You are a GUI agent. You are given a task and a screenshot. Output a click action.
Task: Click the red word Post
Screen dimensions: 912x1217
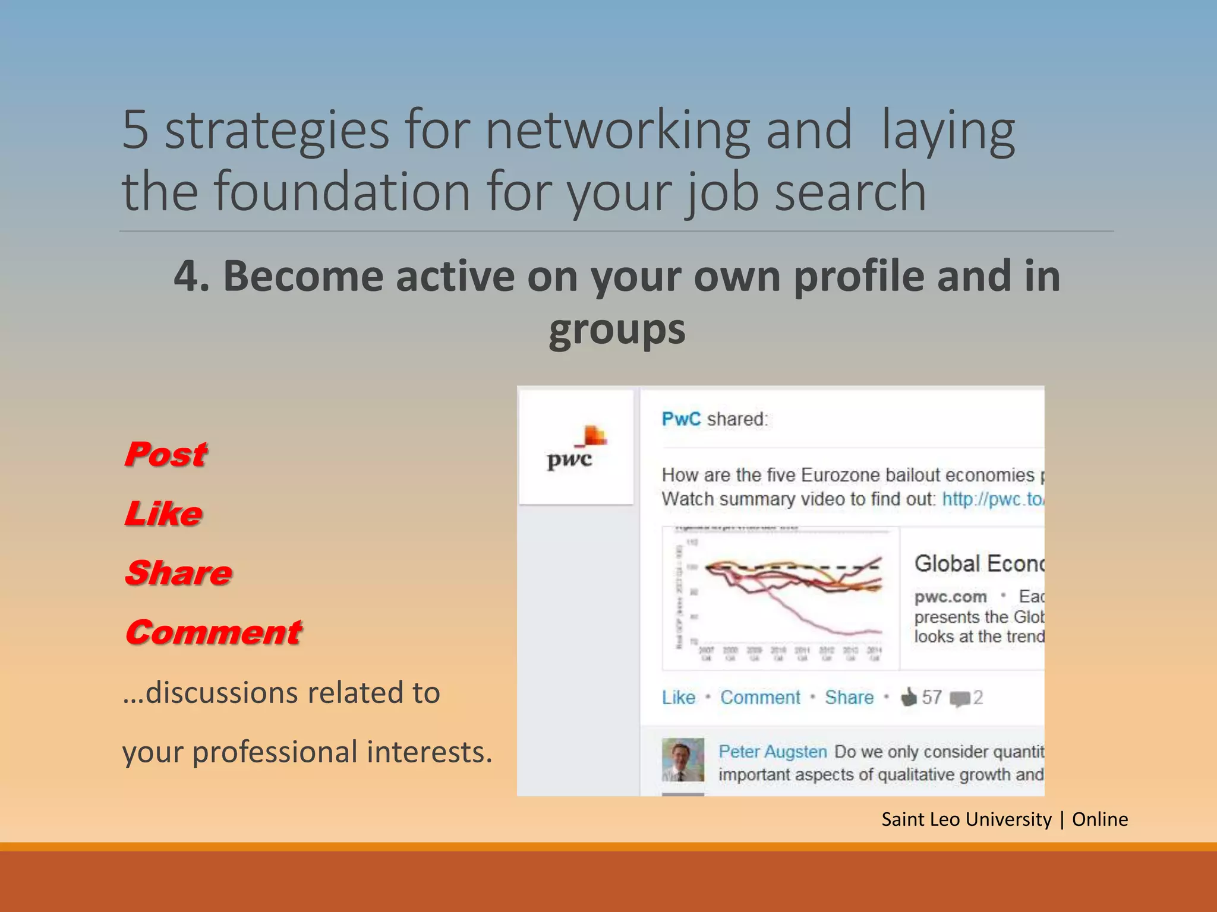coord(165,455)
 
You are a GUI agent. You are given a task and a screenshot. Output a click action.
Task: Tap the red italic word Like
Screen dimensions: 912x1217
coord(163,514)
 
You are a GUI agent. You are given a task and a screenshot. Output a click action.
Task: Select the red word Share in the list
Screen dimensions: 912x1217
coord(178,574)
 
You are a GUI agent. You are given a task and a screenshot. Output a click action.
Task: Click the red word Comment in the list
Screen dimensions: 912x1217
coord(213,633)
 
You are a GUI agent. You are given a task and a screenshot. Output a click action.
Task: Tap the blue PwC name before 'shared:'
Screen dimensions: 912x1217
coord(681,419)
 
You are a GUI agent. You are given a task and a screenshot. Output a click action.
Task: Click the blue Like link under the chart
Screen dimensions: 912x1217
coord(679,697)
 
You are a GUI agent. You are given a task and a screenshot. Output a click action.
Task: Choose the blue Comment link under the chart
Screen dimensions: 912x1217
coord(760,697)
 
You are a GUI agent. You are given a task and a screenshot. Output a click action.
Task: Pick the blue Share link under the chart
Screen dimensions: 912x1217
coord(849,697)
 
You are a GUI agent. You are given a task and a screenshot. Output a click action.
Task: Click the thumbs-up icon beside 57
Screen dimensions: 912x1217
coord(909,696)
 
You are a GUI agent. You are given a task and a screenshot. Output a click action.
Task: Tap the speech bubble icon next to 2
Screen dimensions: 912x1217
coord(959,698)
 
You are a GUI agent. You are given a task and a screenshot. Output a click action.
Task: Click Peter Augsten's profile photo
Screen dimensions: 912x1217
coord(683,759)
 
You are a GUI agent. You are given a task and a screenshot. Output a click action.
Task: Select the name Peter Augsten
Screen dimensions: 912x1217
coord(773,752)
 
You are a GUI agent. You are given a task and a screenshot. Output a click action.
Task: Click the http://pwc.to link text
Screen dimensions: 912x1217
coord(992,499)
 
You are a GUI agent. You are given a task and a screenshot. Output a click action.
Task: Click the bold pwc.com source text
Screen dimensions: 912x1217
coord(950,597)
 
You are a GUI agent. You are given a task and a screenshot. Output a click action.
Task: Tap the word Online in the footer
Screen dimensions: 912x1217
coord(1099,819)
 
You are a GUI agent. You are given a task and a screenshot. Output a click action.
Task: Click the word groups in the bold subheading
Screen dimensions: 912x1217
coord(617,330)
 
